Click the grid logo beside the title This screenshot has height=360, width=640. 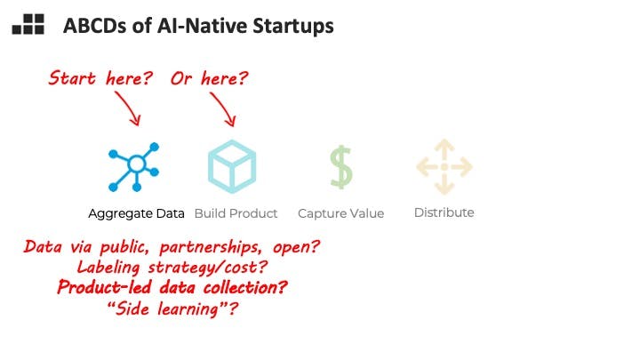pos(28,24)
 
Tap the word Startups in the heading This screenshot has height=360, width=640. pos(293,26)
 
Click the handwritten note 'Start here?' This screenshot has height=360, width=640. pos(100,77)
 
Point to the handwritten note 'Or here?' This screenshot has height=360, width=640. pos(210,77)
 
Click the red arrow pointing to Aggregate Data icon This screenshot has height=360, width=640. pos(128,108)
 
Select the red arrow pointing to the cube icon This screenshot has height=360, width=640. pos(223,109)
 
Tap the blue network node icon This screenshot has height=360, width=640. pos(133,167)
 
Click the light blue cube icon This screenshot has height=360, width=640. pos(232,166)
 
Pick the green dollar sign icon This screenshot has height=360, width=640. pos(341,167)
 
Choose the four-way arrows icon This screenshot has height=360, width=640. pos(444,166)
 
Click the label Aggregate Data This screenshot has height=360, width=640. pos(136,213)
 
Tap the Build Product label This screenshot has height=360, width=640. pos(236,213)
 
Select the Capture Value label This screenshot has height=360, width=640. pos(340,213)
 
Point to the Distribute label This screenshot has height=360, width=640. pos(444,212)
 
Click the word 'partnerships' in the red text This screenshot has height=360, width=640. pos(210,248)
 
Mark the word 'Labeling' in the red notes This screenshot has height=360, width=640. pos(108,268)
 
